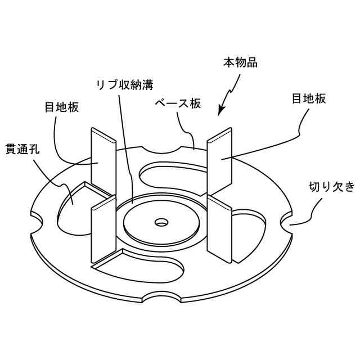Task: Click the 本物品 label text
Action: click(x=240, y=62)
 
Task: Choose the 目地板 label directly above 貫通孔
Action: click(x=61, y=107)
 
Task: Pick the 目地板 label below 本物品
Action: click(x=309, y=99)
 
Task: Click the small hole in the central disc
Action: click(x=162, y=222)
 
